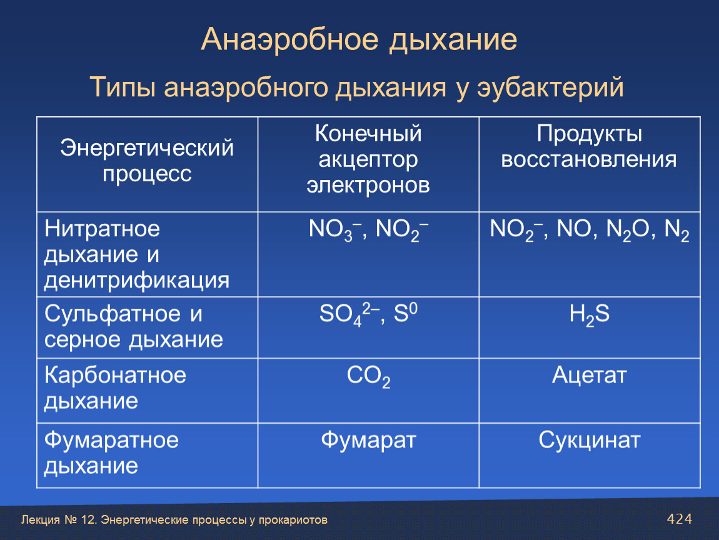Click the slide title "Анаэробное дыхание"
pyautogui.click(x=359, y=39)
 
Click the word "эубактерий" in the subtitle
pyautogui.click(x=550, y=87)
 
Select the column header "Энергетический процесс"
pyautogui.click(x=147, y=161)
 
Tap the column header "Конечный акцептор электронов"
pyautogui.click(x=368, y=159)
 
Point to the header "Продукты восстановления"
pyautogui.click(x=589, y=147)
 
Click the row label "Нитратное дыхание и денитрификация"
pyautogui.click(x=137, y=254)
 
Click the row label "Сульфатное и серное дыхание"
pyautogui.click(x=133, y=326)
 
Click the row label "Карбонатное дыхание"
pyautogui.click(x=115, y=387)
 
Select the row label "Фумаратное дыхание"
pyautogui.click(x=111, y=453)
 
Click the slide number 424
pyautogui.click(x=679, y=519)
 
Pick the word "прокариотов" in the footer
pyautogui.click(x=293, y=520)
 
